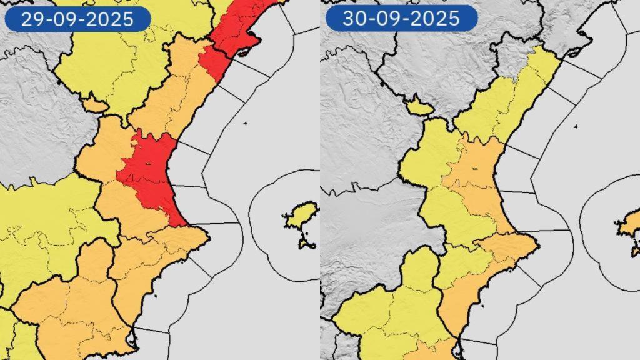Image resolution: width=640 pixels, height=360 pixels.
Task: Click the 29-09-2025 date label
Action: tap(77, 19)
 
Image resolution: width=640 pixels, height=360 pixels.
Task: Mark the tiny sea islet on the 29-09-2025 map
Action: tap(245, 123)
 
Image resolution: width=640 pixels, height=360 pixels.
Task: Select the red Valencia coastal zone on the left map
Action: tap(150, 175)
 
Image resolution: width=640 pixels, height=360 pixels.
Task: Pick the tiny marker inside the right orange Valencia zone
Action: tap(474, 168)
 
